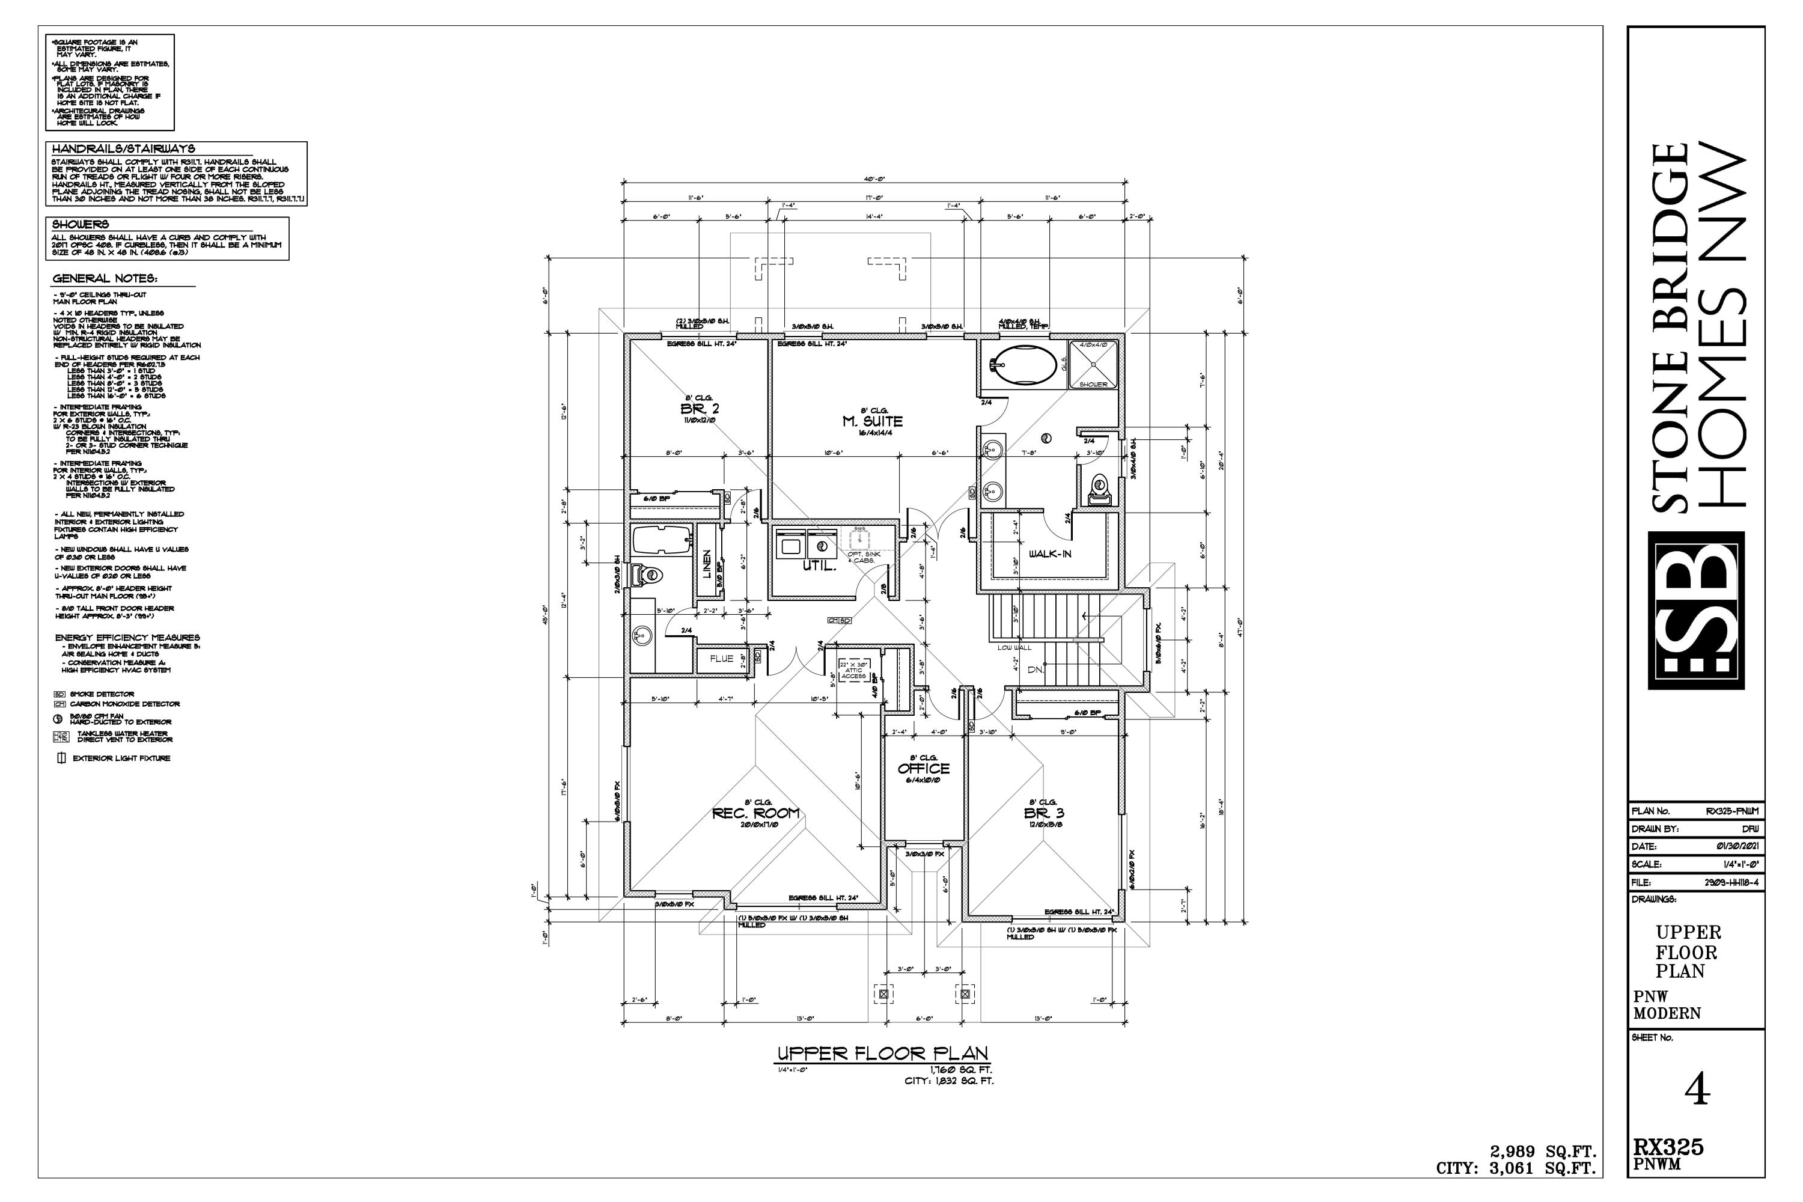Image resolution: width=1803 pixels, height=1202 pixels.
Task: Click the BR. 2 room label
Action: (x=699, y=409)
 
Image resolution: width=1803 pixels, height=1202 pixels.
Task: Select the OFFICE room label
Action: (x=923, y=768)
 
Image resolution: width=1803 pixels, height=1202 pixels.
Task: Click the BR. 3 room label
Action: (x=1043, y=813)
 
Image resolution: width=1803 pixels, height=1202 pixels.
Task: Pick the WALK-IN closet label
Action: (x=1049, y=554)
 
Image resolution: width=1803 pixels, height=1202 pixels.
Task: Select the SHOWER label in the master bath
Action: (x=1093, y=384)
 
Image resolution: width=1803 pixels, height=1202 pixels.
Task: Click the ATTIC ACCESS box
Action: (x=853, y=670)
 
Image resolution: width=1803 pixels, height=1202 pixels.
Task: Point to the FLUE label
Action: (x=721, y=659)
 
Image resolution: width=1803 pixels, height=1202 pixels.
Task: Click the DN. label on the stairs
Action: (x=1036, y=670)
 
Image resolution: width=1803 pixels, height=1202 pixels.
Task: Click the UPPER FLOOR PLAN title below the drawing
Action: (x=882, y=1054)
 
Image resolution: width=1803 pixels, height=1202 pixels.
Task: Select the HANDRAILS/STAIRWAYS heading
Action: (x=123, y=148)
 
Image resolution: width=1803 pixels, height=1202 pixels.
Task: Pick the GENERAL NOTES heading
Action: (x=105, y=278)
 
